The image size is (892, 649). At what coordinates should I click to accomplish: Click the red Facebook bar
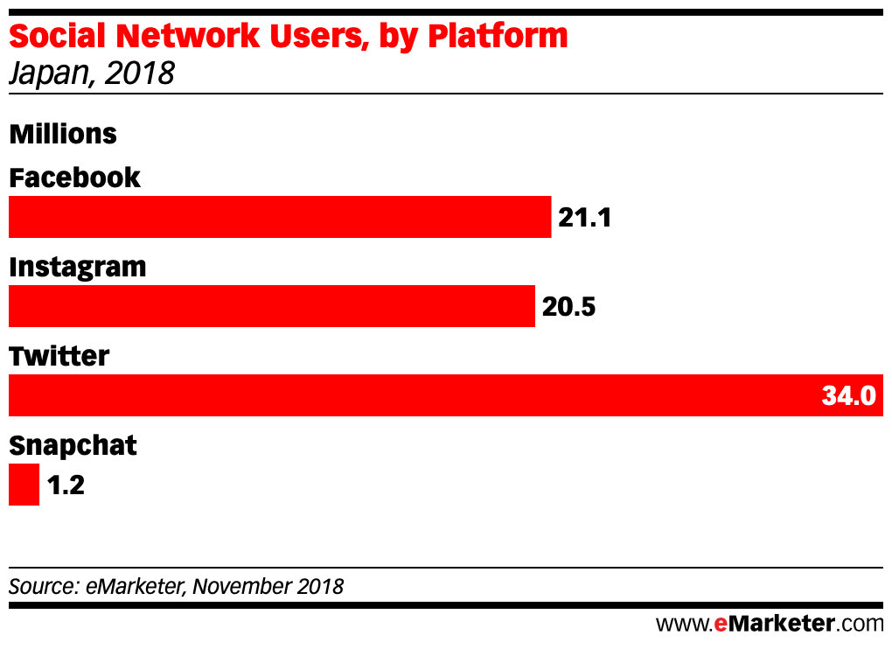(280, 217)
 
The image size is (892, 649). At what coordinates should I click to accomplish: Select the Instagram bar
(272, 306)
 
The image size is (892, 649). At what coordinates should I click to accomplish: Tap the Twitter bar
(446, 395)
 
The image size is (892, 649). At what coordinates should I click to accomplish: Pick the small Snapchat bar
(24, 485)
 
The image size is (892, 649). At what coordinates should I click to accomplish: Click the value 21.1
(585, 217)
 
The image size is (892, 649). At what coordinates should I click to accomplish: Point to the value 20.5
(569, 307)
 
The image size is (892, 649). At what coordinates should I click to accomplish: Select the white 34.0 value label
(849, 395)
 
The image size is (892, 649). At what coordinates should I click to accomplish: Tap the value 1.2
(66, 485)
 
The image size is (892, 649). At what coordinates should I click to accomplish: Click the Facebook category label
(74, 178)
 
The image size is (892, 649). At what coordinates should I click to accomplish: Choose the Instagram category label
(78, 268)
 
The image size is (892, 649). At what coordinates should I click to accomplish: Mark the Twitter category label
(59, 356)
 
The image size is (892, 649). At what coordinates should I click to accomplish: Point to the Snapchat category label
(73, 445)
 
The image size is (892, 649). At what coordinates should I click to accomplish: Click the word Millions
(63, 134)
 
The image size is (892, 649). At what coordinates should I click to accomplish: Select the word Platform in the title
(498, 36)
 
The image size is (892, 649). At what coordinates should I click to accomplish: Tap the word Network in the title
(188, 36)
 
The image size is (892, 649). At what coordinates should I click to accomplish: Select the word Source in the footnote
(43, 586)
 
